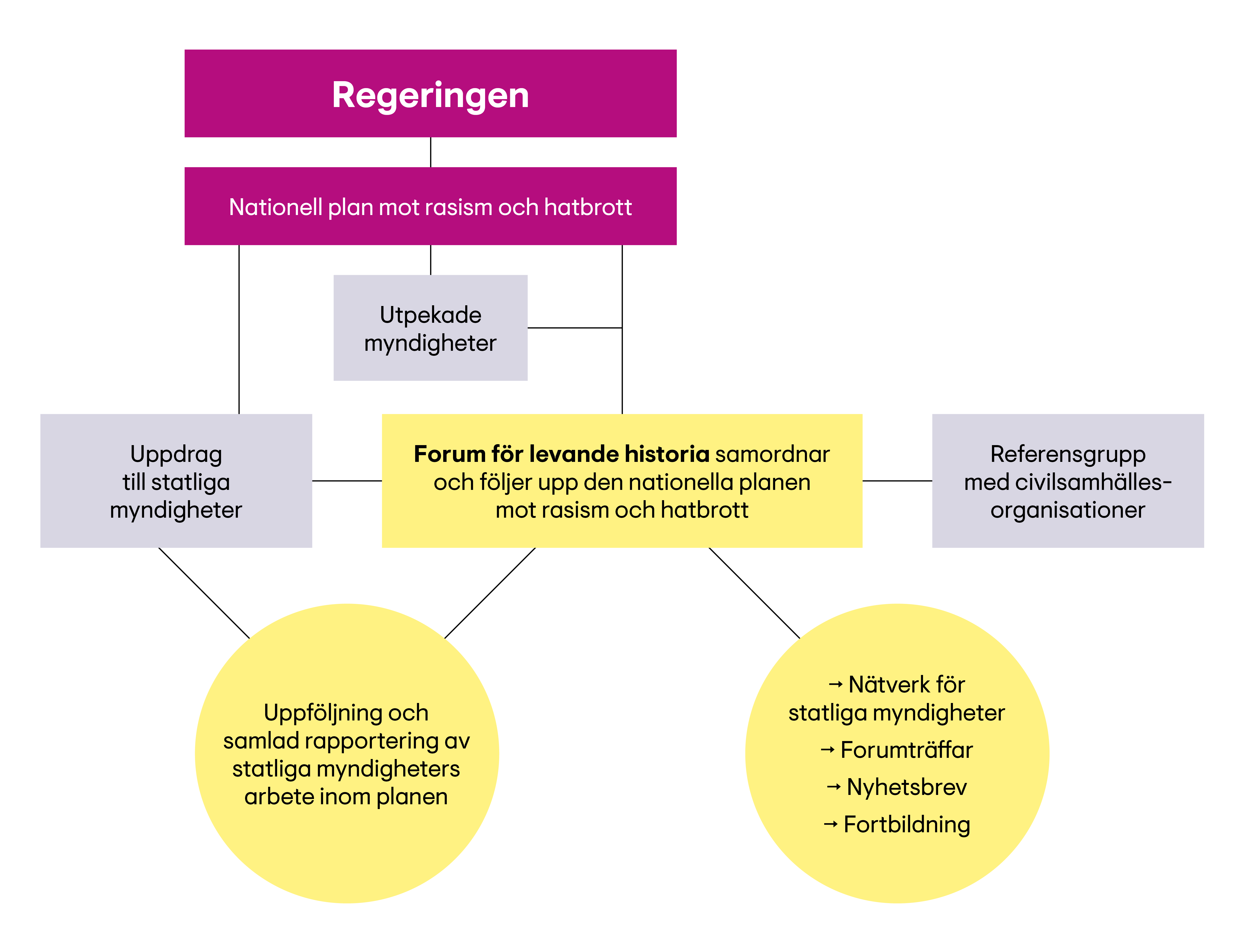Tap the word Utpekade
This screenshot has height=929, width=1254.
(431, 315)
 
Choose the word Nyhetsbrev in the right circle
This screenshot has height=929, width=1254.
(907, 787)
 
